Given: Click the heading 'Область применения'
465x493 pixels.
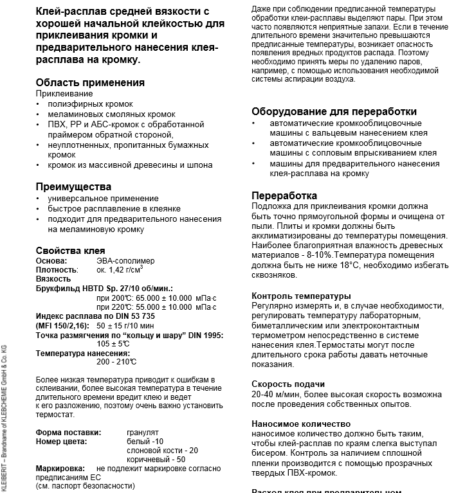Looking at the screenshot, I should [x=90, y=82].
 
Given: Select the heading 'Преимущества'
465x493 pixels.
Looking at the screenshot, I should [x=73, y=186].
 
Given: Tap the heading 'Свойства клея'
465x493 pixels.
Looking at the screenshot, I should [x=70, y=251].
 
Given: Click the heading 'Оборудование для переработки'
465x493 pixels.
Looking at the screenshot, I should [x=334, y=111].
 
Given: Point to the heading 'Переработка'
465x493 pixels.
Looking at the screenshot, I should [x=284, y=195].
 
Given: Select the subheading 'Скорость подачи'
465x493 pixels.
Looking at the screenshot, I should [x=287, y=384].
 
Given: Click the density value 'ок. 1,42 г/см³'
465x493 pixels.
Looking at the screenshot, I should [x=120, y=270].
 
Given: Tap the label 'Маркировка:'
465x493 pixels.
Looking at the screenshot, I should [x=60, y=469].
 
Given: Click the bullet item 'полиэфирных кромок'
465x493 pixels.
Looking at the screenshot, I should [x=90, y=103].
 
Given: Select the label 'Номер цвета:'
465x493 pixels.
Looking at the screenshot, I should [x=61, y=442].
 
